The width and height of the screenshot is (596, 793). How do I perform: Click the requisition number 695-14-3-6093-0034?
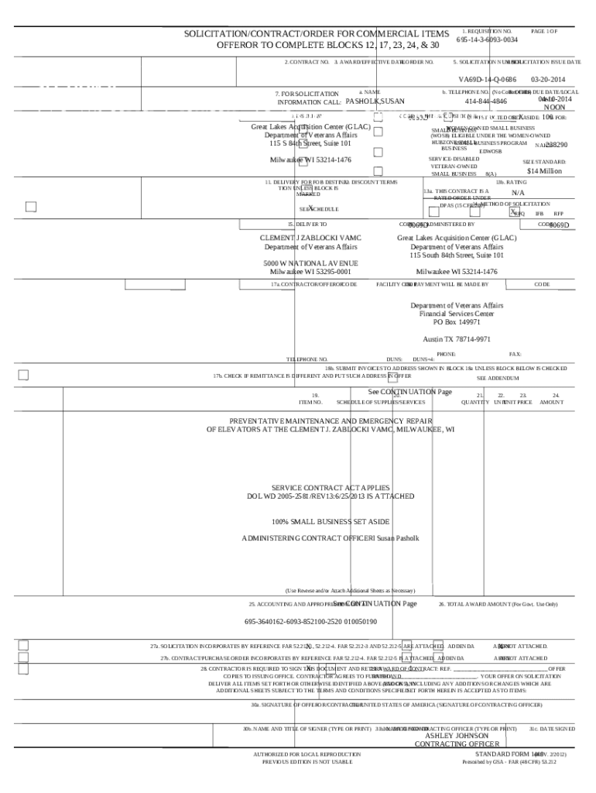click(x=487, y=39)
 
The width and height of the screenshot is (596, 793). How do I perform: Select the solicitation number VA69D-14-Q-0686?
click(x=487, y=80)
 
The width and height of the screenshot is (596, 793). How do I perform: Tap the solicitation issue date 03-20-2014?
click(x=548, y=80)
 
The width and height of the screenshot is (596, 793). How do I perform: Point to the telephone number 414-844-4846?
click(x=486, y=101)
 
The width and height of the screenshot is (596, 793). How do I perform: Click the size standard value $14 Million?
click(x=544, y=171)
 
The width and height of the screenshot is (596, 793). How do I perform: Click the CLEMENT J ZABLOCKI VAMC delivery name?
click(x=310, y=238)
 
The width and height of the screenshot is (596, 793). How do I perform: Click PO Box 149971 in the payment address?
click(x=456, y=321)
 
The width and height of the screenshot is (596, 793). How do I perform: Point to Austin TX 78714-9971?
click(x=456, y=339)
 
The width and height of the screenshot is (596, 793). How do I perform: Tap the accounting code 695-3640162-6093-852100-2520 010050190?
click(x=311, y=621)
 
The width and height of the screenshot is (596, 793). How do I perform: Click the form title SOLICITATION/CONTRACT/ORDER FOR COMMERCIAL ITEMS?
click(x=316, y=34)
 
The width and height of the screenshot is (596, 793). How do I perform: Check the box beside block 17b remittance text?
click(x=23, y=376)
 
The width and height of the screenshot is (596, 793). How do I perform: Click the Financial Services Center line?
click(x=456, y=314)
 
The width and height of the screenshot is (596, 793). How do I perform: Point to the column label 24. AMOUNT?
click(x=552, y=399)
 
